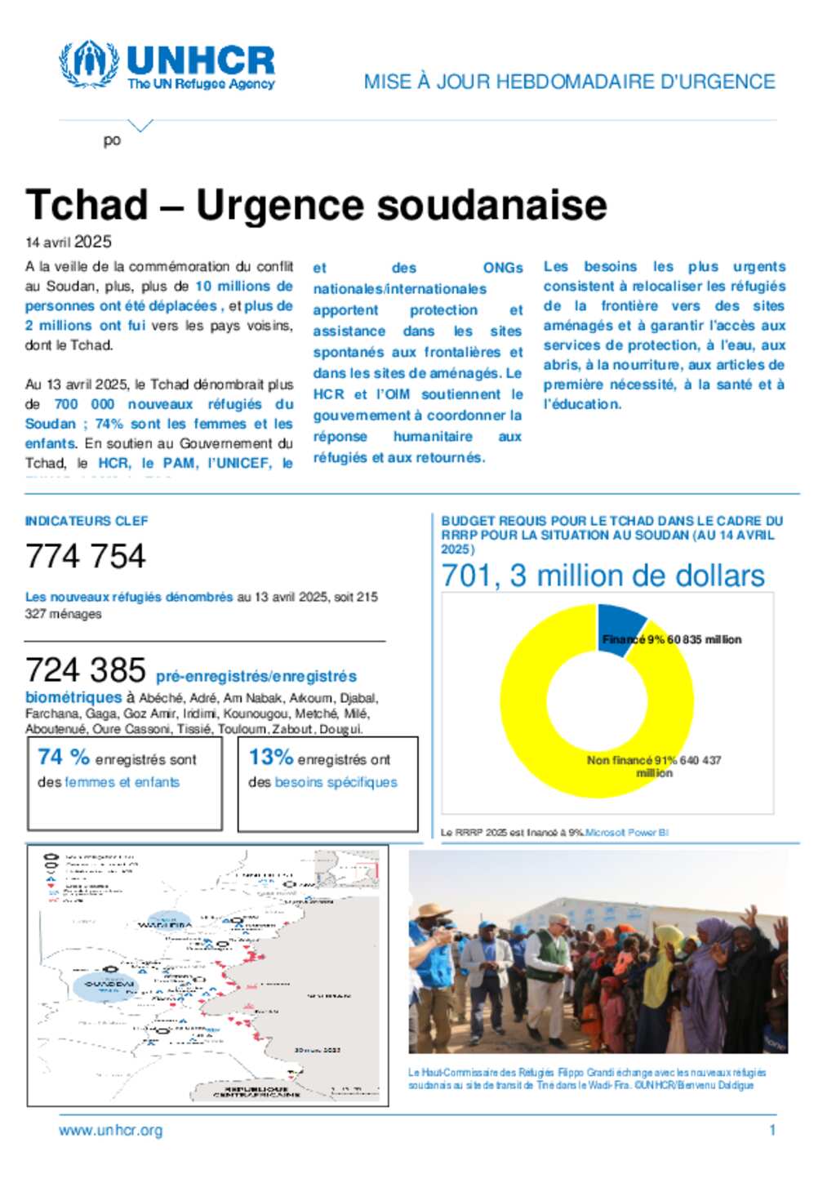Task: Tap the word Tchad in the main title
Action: coord(87,205)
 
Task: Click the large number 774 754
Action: coord(86,557)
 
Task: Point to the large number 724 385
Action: coord(86,670)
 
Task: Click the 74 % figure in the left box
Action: coord(63,758)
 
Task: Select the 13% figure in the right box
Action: coord(270,758)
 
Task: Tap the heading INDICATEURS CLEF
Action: coord(87,521)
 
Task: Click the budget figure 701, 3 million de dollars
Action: coord(603,576)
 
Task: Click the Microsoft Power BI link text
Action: coord(627,833)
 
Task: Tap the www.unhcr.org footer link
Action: coord(110,1131)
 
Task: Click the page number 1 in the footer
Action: coord(772,1131)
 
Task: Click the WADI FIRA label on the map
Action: coord(165,925)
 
